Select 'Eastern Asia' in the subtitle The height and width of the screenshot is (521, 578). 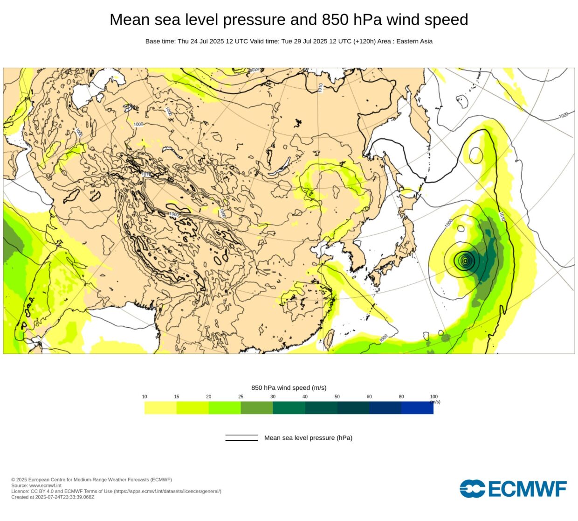point(414,41)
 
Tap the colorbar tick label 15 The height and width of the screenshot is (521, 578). point(177,397)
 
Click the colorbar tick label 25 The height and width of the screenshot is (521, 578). point(241,397)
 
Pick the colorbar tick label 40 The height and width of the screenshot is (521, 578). point(305,397)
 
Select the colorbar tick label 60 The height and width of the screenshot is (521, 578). point(369,397)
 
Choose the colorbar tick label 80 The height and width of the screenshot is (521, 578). point(401,397)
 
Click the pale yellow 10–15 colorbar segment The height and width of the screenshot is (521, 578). point(160,408)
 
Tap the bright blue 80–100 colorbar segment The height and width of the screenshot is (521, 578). point(417,408)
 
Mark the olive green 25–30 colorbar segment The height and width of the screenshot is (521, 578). point(256,408)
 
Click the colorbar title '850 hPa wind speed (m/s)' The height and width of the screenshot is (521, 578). point(289,388)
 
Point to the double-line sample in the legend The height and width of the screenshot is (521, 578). point(241,438)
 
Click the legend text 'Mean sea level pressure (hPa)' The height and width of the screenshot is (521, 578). point(308,438)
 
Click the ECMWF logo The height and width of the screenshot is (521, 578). point(513,489)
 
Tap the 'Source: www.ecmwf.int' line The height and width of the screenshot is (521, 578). point(36,486)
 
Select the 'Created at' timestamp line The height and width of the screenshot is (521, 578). point(53,497)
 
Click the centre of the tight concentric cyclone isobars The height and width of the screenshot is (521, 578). point(465,260)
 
